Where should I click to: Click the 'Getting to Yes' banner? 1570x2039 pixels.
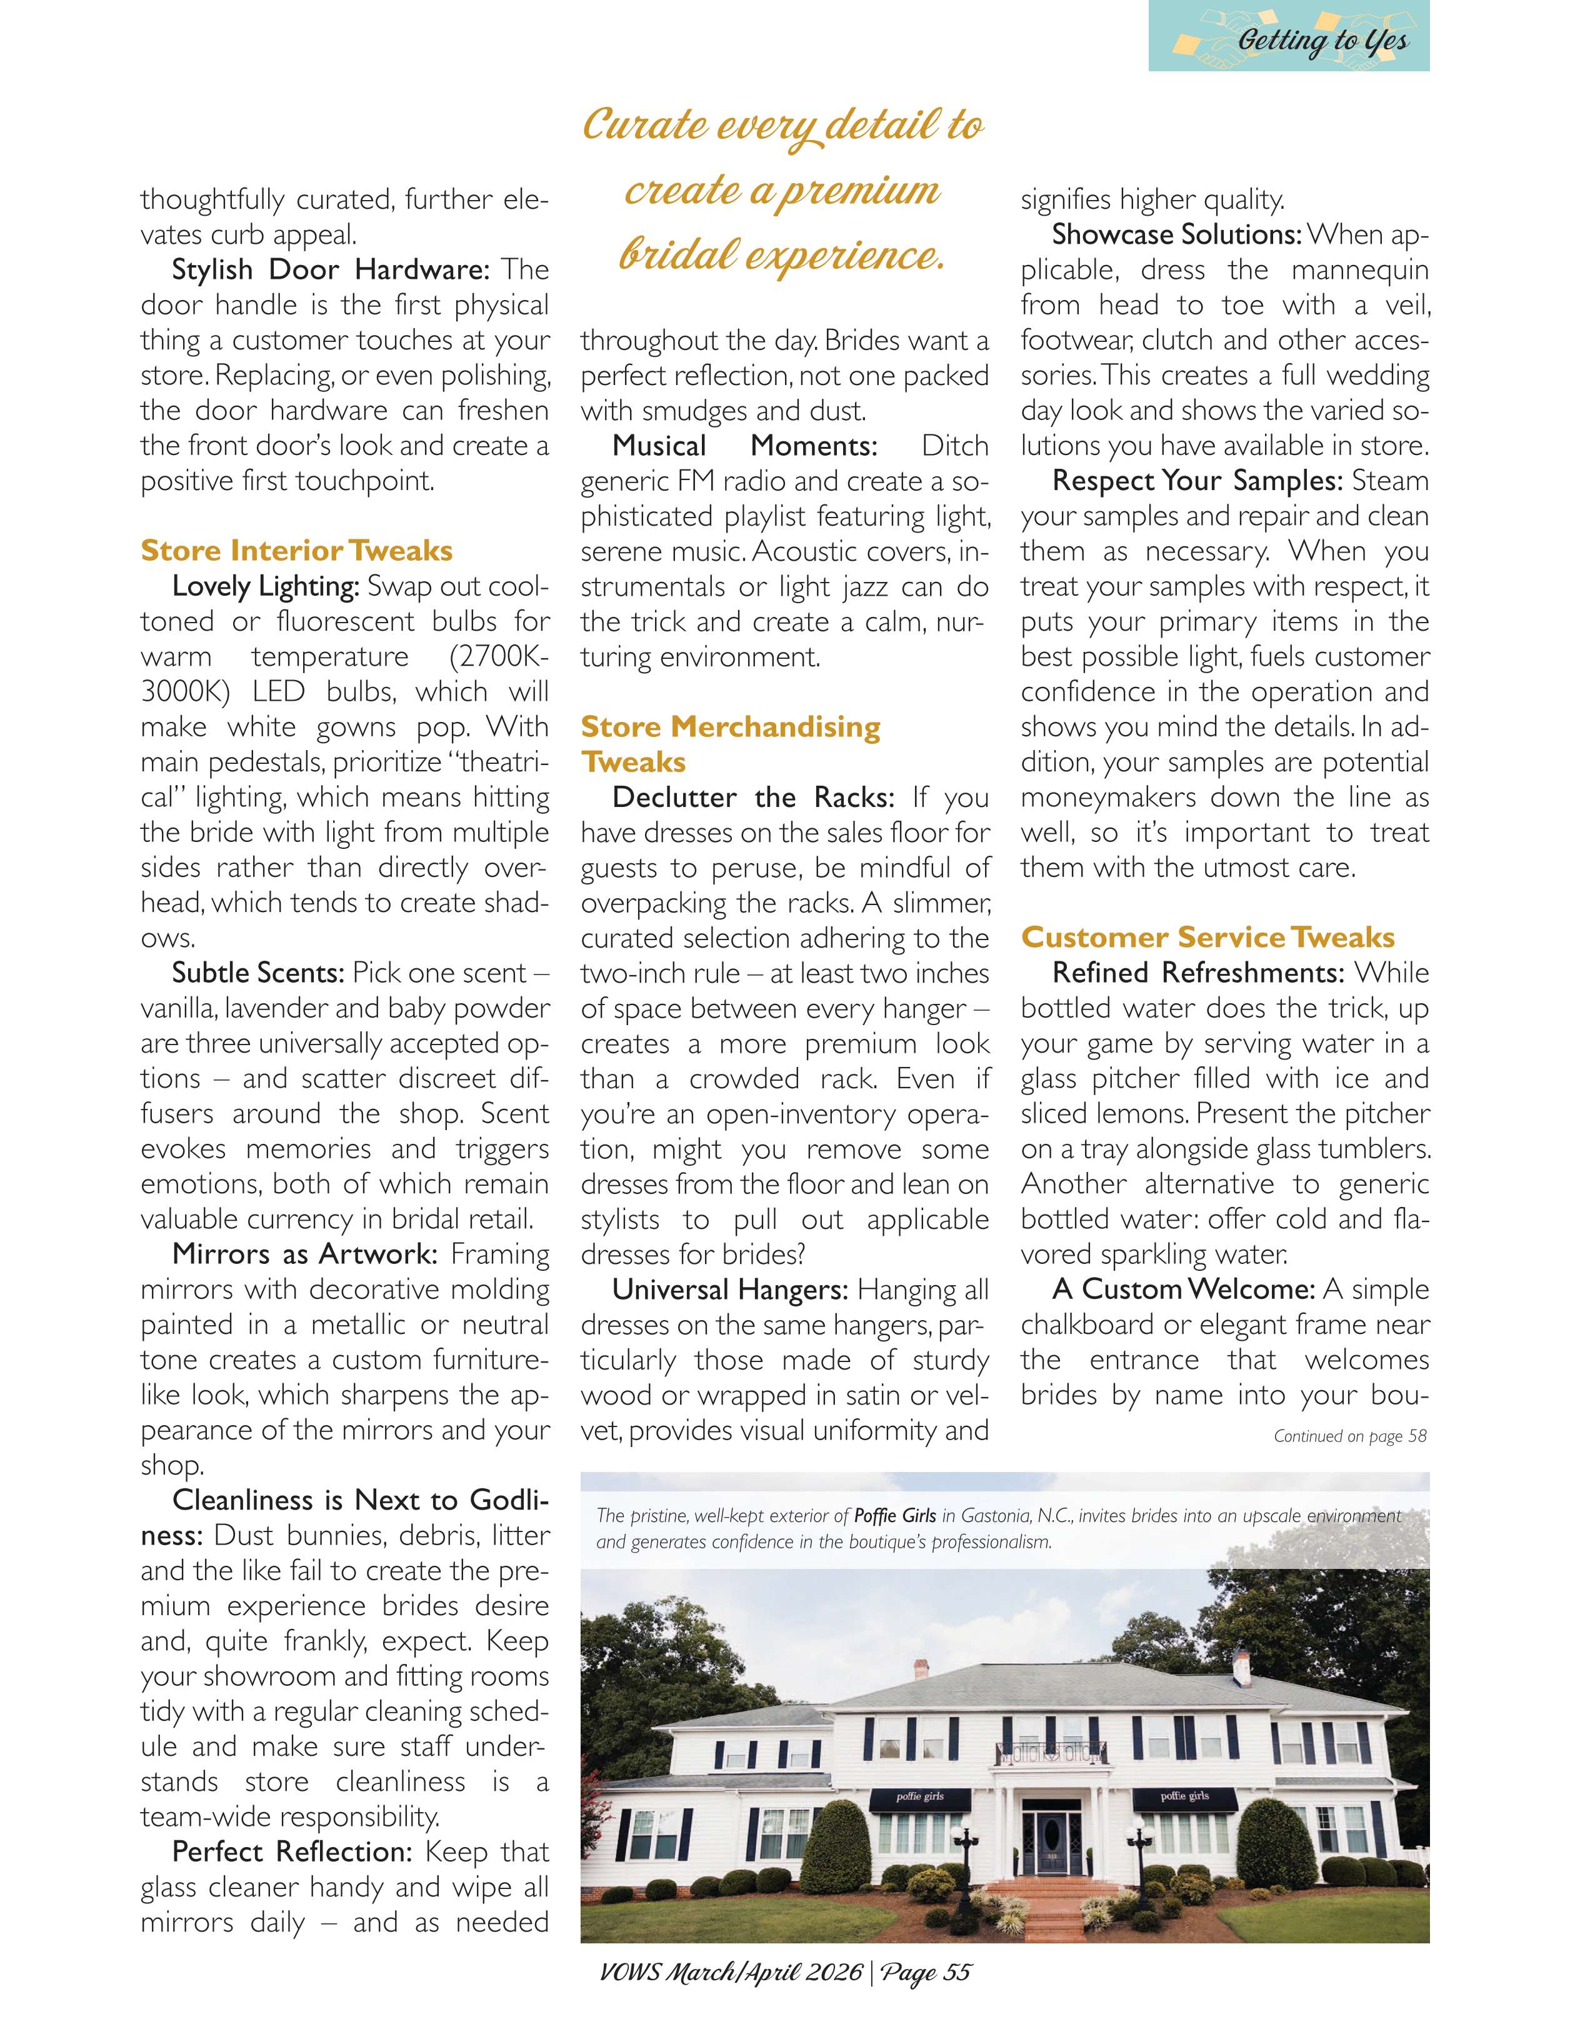tap(1288, 38)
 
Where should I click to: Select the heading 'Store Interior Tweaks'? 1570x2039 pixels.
tap(296, 551)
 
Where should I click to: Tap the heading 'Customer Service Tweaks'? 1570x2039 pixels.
tap(1207, 938)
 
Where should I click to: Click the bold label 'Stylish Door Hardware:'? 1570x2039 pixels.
tap(331, 270)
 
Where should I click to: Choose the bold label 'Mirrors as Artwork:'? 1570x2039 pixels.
tap(304, 1254)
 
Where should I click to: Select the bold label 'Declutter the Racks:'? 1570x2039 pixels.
tap(752, 798)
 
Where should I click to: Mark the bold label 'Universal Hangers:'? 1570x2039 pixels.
tap(729, 1290)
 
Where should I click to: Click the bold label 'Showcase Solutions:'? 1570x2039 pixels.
tap(1176, 234)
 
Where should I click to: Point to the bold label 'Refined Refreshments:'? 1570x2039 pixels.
tap(1197, 973)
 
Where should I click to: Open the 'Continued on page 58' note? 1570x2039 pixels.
tap(1350, 1436)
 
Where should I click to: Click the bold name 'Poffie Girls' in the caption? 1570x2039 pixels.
tap(894, 1516)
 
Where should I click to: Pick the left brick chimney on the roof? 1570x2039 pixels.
tap(922, 1668)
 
